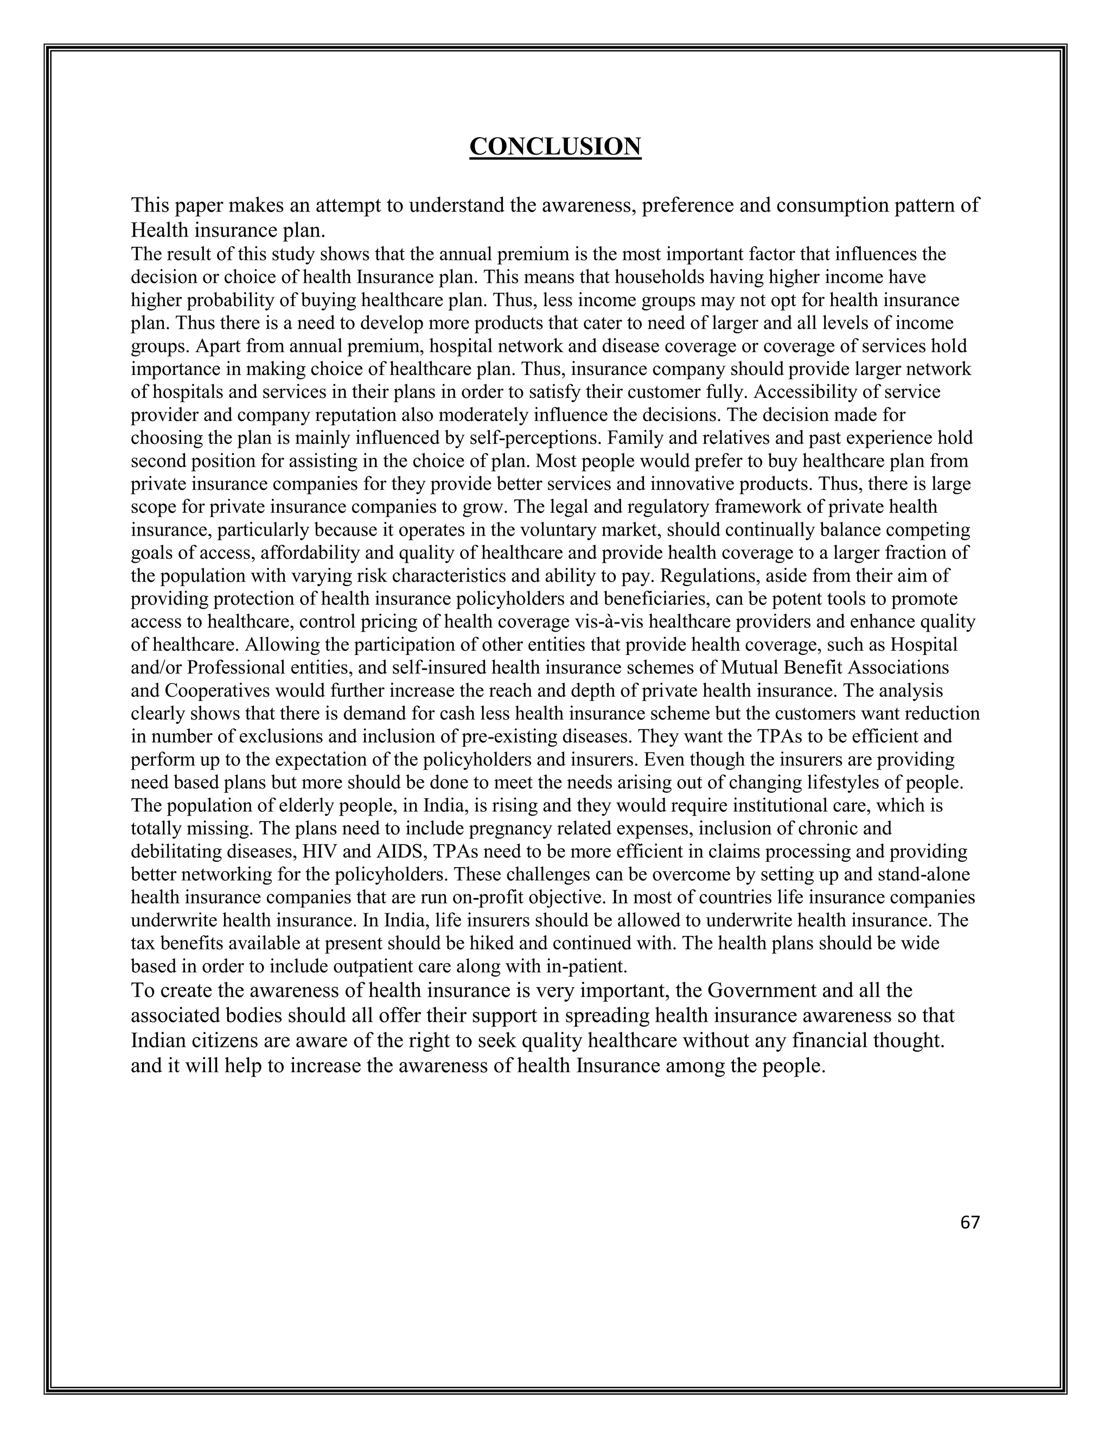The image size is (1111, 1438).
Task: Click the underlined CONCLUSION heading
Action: click(555, 146)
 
